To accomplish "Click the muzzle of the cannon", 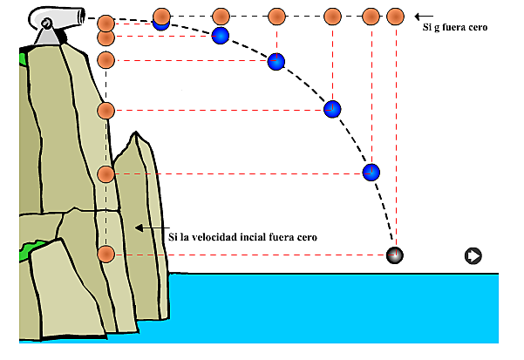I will click(x=82, y=15).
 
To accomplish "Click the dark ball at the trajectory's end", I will click(x=396, y=255).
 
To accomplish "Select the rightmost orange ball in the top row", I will click(x=395, y=17).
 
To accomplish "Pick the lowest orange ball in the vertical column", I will click(x=106, y=255).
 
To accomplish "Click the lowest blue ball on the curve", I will click(x=371, y=172).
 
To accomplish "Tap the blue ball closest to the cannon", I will click(x=160, y=24).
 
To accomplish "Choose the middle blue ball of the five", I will click(x=276, y=61).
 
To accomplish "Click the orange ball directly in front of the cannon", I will click(x=106, y=22).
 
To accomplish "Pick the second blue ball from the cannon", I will click(x=221, y=36).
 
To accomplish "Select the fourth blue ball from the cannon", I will click(x=332, y=110).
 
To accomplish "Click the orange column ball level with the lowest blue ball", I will click(x=106, y=174).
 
